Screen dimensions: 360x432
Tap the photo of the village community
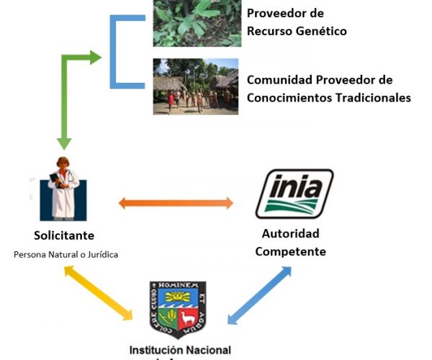195,86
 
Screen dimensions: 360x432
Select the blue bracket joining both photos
115,50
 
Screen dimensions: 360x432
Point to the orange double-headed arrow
176,203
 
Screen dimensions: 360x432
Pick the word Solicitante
64,235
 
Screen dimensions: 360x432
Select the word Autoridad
291,234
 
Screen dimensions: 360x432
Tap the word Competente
291,251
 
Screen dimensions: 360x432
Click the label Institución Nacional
180,350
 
